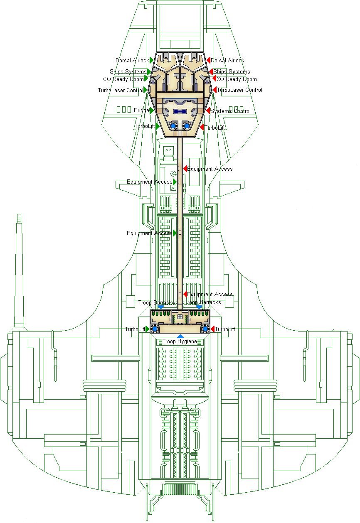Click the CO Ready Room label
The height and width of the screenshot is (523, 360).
(123, 79)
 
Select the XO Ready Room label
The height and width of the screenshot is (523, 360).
(237, 79)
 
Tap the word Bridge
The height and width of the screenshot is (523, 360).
(141, 110)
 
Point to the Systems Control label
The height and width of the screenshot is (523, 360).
(230, 111)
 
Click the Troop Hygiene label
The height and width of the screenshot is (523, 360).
(180, 341)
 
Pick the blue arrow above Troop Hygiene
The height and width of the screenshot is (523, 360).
(180, 336)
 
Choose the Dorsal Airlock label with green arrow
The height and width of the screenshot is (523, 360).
(132, 61)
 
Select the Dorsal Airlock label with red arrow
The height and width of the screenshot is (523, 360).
(227, 61)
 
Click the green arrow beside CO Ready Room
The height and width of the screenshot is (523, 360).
(146, 79)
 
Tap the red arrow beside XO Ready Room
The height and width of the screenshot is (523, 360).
(214, 79)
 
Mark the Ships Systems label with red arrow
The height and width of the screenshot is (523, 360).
(232, 71)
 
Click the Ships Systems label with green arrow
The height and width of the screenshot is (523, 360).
(128, 71)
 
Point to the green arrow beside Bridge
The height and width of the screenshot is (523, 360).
(152, 110)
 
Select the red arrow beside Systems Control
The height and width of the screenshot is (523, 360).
(208, 111)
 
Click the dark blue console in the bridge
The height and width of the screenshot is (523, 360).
(180, 111)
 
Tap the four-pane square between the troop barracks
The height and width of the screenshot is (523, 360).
(180, 317)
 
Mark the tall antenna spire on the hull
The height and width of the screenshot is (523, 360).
(18, 270)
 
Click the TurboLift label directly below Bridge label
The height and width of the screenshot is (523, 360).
(145, 126)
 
